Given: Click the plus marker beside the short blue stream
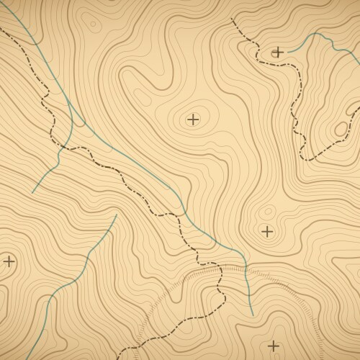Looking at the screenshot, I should [277, 52].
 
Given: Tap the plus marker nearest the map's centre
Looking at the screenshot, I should [192, 119].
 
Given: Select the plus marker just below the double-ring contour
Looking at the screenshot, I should [267, 231].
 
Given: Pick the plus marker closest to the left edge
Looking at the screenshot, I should [9, 261].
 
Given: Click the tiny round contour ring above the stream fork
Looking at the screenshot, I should [92, 23].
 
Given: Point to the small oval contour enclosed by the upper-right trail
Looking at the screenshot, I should [339, 128].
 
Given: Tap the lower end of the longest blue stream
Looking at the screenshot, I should [253, 315].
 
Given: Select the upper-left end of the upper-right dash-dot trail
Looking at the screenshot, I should [230, 19].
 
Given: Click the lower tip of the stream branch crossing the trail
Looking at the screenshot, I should [32, 192].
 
